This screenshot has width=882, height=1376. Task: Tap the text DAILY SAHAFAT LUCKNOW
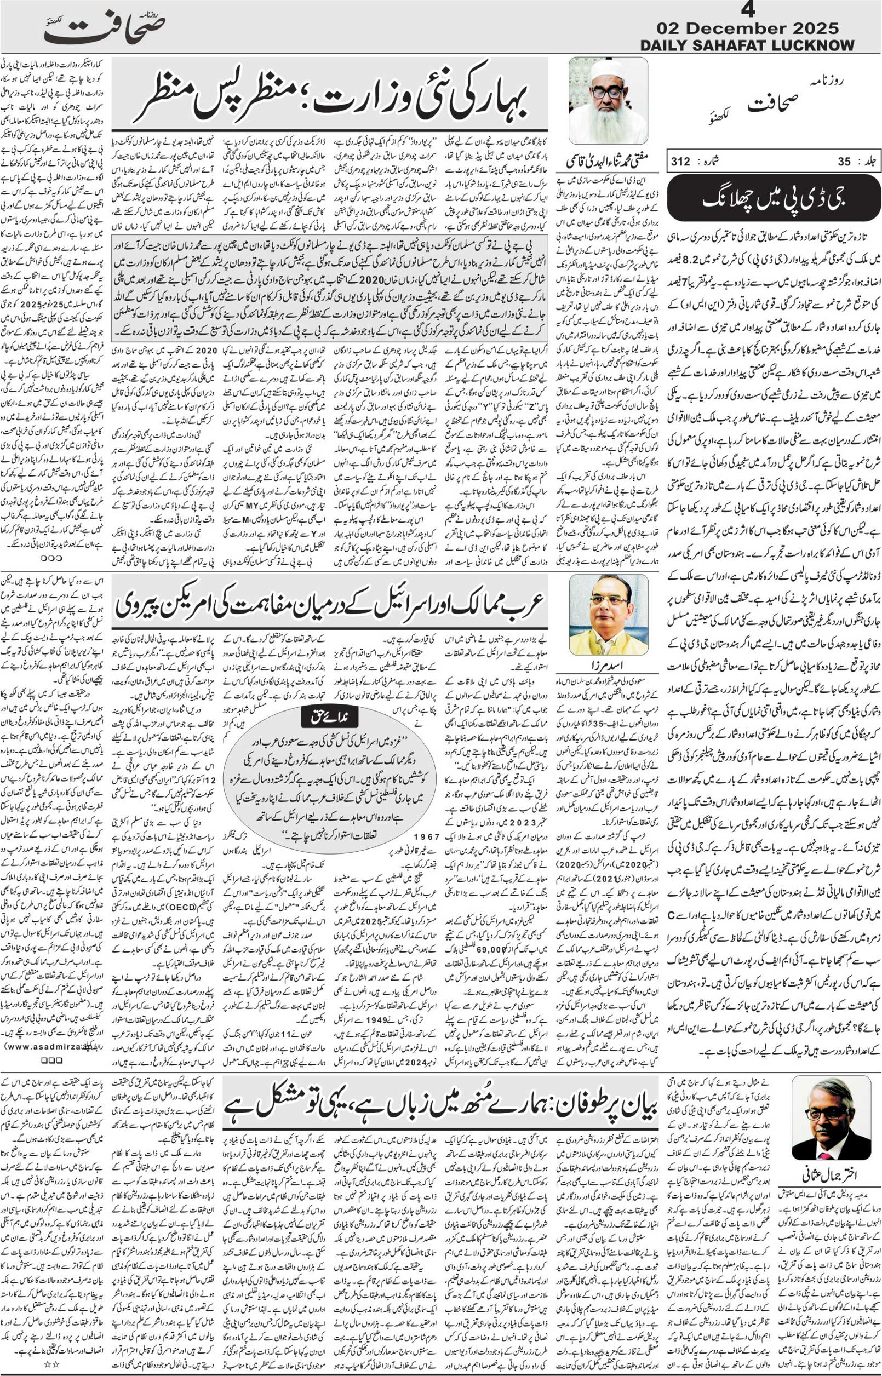[747, 45]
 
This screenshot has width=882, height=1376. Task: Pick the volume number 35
[844, 162]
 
